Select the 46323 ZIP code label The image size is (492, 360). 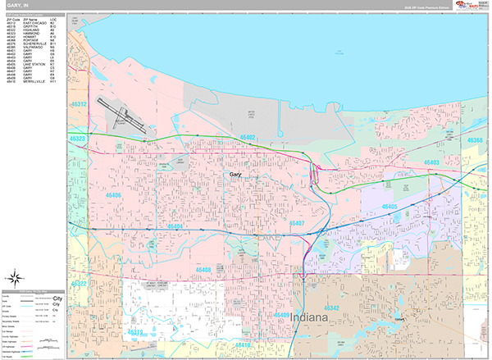click(79, 139)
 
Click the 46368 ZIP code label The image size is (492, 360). click(474, 140)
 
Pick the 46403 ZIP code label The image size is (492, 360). click(432, 163)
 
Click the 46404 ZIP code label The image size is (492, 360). click(174, 226)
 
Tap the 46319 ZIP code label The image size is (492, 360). click(136, 332)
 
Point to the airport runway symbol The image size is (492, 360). click(121, 115)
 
